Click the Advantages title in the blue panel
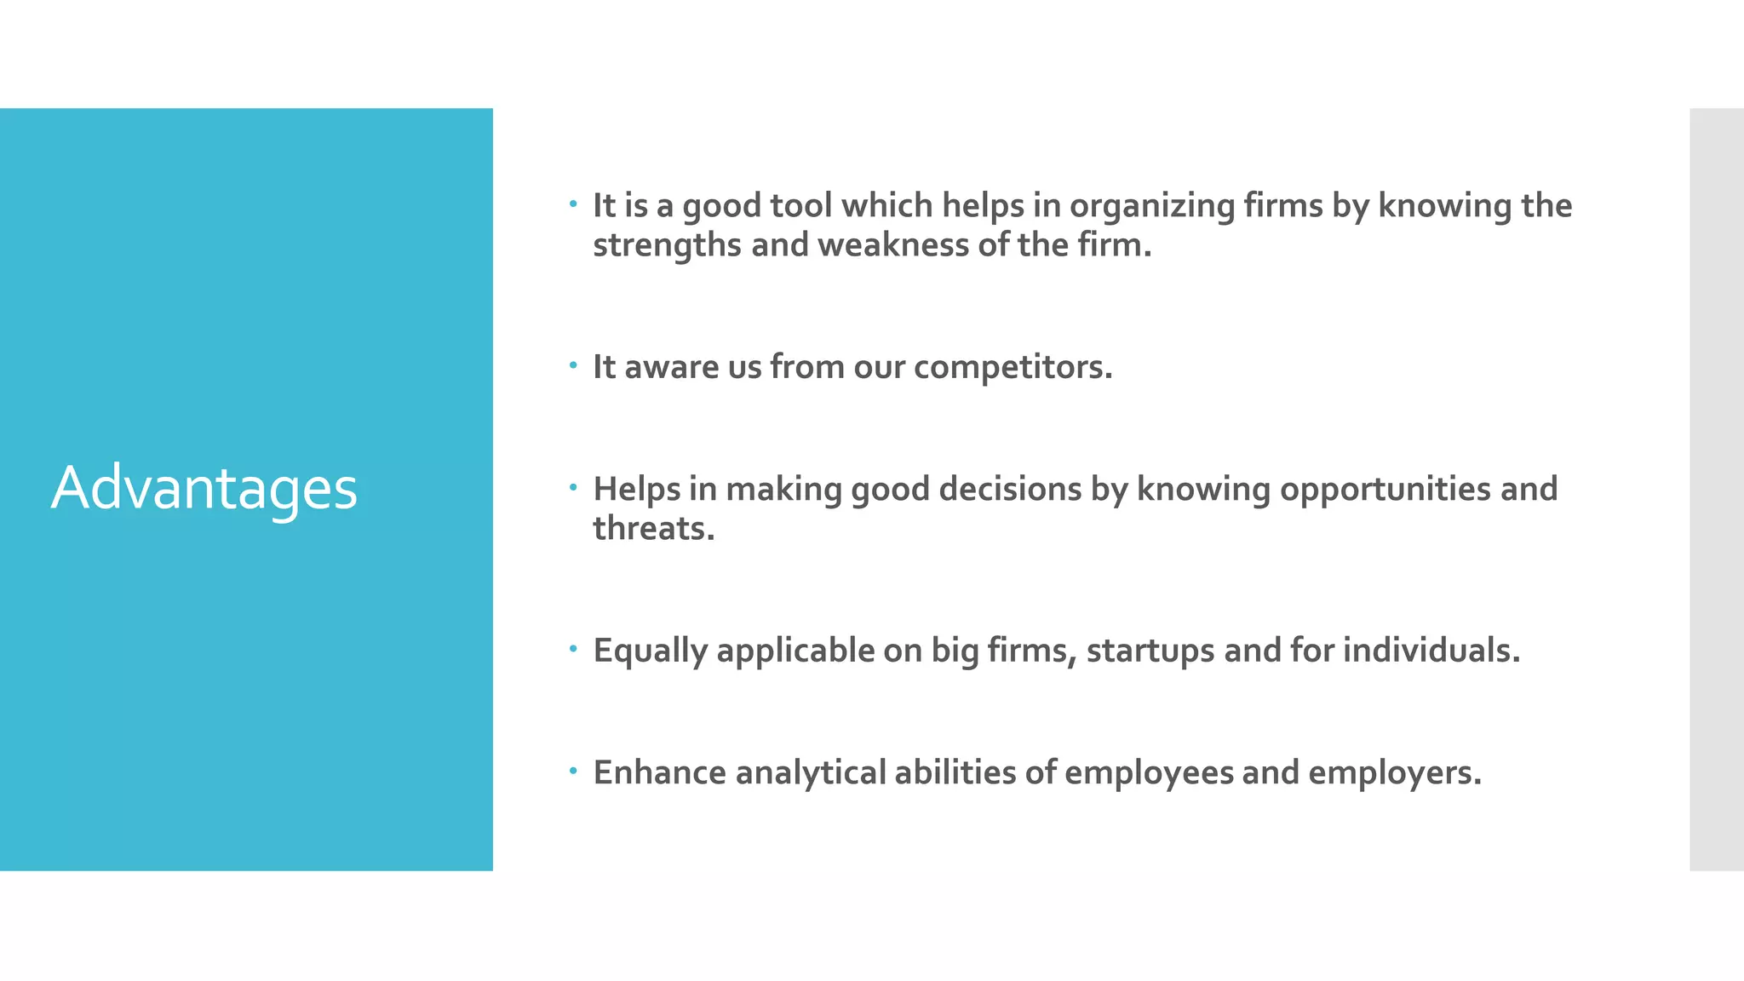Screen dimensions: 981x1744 pos(204,489)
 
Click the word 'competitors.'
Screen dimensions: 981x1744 pos(1013,368)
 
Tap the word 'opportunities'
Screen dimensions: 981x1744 pos(1385,490)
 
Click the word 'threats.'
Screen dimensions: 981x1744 pos(653,529)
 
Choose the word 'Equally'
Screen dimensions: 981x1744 pos(650,651)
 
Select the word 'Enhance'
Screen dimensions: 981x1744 pos(659,773)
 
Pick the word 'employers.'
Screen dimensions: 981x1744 pos(1394,773)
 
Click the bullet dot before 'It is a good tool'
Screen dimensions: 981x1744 pos(574,204)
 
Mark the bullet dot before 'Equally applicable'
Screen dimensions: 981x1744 pos(574,649)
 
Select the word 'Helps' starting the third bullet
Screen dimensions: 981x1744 pos(636,490)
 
